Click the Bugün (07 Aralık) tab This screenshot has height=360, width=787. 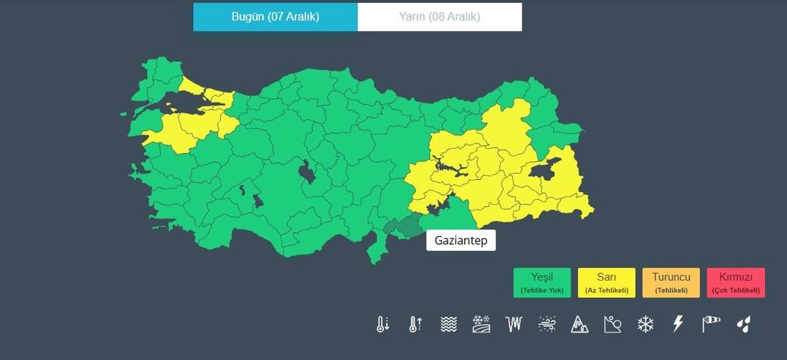[275, 17]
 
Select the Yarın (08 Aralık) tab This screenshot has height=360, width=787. [439, 17]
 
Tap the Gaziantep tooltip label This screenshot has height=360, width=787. [461, 240]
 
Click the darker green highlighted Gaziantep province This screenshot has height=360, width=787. [404, 227]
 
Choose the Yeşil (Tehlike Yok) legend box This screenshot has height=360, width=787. [542, 283]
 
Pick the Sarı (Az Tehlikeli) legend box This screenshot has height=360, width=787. [606, 283]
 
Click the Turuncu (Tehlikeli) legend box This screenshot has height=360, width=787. [670, 283]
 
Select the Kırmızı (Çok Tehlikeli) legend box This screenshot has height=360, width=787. [735, 283]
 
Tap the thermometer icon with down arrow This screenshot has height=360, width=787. [383, 324]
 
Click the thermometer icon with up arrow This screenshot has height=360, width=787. [415, 324]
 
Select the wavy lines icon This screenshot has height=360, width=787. [448, 324]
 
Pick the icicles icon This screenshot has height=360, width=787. [514, 324]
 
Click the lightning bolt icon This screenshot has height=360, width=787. [678, 324]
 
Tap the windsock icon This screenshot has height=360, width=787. [710, 324]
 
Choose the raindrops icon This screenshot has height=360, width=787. [743, 324]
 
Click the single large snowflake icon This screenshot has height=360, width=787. [646, 324]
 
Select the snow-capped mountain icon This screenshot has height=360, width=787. [579, 324]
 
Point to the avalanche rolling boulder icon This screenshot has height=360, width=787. [612, 324]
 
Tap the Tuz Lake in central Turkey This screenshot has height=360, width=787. [306, 173]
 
